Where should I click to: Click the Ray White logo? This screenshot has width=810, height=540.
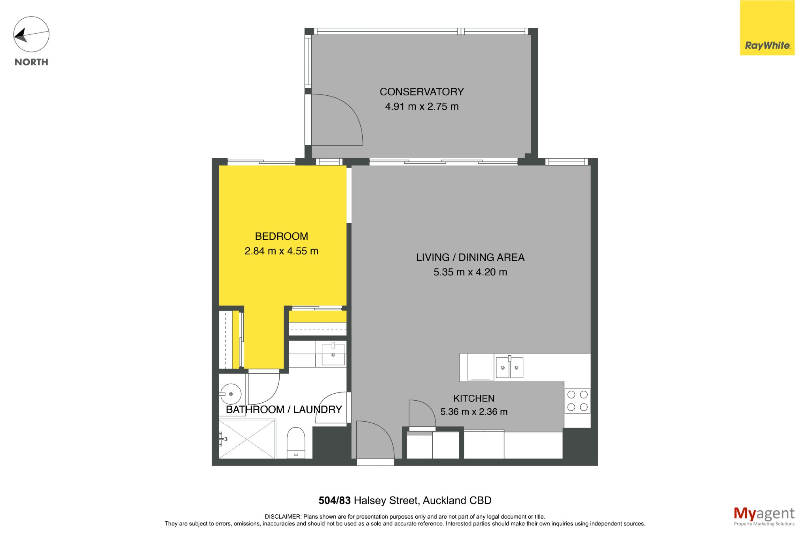(x=767, y=28)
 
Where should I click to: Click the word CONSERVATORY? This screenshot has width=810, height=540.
(x=422, y=92)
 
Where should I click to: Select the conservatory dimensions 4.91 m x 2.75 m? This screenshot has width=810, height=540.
(x=422, y=106)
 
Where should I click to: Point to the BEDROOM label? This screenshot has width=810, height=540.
(x=281, y=236)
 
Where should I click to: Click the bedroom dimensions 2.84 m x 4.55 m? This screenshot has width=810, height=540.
(x=281, y=251)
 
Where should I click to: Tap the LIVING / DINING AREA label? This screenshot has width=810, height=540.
(x=470, y=257)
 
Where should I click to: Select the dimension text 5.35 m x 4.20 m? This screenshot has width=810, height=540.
(x=470, y=272)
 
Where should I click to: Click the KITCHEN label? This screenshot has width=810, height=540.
(x=474, y=398)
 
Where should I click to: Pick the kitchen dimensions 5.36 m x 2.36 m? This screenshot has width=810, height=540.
(x=474, y=412)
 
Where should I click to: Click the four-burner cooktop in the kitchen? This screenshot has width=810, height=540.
(x=577, y=401)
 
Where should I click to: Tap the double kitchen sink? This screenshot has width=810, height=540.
(x=510, y=367)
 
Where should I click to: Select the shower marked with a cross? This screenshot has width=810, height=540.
(x=247, y=439)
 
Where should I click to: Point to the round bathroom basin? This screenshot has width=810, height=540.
(x=231, y=394)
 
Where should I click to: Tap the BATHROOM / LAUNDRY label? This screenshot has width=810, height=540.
(x=284, y=409)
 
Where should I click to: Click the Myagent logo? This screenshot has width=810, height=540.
(x=764, y=516)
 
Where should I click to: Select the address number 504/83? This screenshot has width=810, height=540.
(x=335, y=500)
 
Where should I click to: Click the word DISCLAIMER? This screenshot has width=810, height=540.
(x=283, y=517)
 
